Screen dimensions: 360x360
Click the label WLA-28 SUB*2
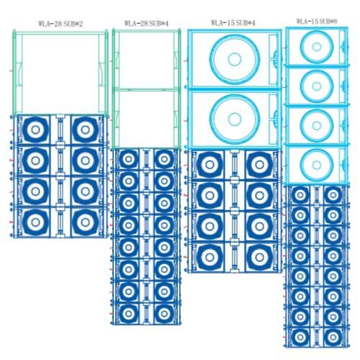[x=60, y=24]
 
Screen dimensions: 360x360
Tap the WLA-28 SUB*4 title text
[x=146, y=23]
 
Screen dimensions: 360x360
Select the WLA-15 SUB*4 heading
[x=233, y=23]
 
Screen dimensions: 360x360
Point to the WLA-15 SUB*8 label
[x=317, y=22]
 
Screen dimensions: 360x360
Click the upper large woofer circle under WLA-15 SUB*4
[x=235, y=59]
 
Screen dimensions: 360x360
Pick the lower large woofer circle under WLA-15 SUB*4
[x=235, y=119]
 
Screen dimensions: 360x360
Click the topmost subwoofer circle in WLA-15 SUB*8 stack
[x=317, y=47]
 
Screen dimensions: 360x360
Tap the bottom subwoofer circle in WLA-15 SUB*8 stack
[x=317, y=165]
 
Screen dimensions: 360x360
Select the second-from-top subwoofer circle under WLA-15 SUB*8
[x=317, y=86]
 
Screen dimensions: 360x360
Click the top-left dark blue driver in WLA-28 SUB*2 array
[x=35, y=130]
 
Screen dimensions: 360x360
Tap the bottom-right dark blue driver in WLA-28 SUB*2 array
[x=85, y=222]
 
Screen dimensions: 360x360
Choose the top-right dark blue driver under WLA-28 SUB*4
[x=164, y=159]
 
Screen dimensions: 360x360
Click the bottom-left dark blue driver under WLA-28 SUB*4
[x=129, y=314]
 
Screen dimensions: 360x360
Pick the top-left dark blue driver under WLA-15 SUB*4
[x=210, y=165]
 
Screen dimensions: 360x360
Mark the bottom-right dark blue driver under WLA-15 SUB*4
[x=259, y=257]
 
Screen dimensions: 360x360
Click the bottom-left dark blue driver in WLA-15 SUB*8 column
[x=300, y=337]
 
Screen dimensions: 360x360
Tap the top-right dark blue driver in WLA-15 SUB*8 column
[x=333, y=195]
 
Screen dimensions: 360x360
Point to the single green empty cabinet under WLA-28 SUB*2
[x=60, y=72]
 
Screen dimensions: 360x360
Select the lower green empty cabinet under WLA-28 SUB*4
[x=146, y=119]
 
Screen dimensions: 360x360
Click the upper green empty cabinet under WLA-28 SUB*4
[x=146, y=60]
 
